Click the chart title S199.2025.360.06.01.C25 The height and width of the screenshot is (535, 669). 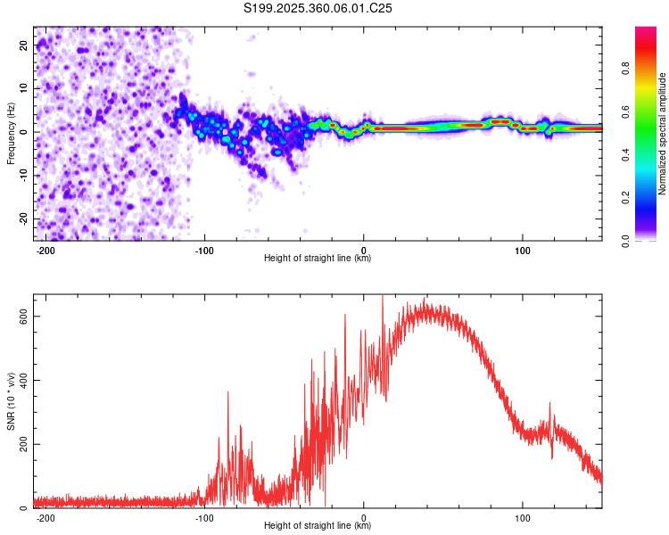tap(318, 8)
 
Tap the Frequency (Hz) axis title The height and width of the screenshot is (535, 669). tap(11, 133)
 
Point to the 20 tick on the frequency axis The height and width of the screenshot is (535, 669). tap(23, 45)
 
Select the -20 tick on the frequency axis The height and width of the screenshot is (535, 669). tap(23, 218)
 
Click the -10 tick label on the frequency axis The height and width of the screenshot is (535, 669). tap(23, 176)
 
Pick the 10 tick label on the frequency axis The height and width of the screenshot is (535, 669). tap(23, 88)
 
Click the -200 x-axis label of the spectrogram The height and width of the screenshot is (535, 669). tap(45, 251)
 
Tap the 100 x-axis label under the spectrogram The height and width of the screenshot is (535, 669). tap(522, 251)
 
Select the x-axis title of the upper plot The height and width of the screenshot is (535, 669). tap(318, 258)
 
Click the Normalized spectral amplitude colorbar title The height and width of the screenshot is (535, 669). tap(662, 133)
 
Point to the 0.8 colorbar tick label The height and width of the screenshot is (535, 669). tap(625, 69)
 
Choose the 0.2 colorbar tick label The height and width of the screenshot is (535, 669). tap(625, 198)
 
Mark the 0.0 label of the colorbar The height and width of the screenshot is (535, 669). tap(625, 241)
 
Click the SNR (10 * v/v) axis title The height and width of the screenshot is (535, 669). tap(11, 401)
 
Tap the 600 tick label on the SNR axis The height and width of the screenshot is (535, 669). tap(23, 317)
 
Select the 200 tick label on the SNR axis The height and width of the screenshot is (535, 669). tap(23, 444)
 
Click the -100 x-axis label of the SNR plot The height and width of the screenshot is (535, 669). tap(204, 518)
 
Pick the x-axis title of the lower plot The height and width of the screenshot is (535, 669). tap(318, 525)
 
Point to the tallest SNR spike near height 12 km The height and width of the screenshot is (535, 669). tap(383, 296)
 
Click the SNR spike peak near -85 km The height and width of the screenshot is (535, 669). tap(227, 391)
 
